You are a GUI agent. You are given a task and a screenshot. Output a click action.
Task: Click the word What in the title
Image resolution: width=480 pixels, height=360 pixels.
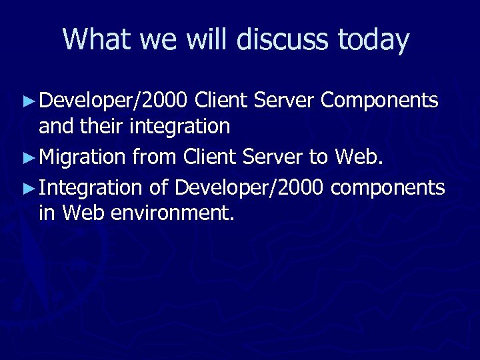coord(97,40)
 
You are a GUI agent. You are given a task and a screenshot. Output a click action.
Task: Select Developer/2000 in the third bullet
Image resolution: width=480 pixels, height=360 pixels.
coord(249,189)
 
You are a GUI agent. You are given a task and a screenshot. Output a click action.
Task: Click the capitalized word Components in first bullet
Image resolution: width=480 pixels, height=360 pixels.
coord(379,101)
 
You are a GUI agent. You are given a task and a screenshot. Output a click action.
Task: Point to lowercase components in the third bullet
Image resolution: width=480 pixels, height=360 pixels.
coord(387,189)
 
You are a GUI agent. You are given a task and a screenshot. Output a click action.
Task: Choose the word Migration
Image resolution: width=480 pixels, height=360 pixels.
coord(83,157)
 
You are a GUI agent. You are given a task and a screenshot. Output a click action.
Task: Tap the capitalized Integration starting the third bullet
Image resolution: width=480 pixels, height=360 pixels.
coord(91,189)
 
